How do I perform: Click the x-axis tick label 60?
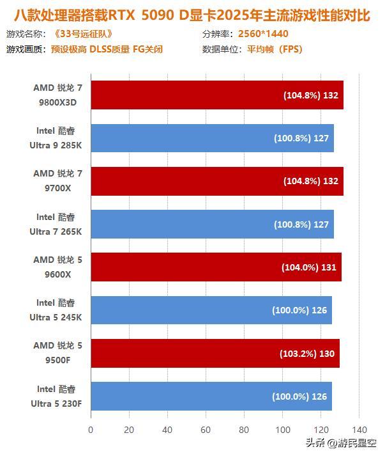click(x=206, y=430)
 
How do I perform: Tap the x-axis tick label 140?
click(x=359, y=430)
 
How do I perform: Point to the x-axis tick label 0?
click(x=91, y=430)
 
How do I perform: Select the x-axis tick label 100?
click(x=283, y=430)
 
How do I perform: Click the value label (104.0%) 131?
click(x=308, y=267)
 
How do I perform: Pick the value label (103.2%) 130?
click(x=307, y=353)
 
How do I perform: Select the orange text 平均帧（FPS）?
click(x=275, y=49)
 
